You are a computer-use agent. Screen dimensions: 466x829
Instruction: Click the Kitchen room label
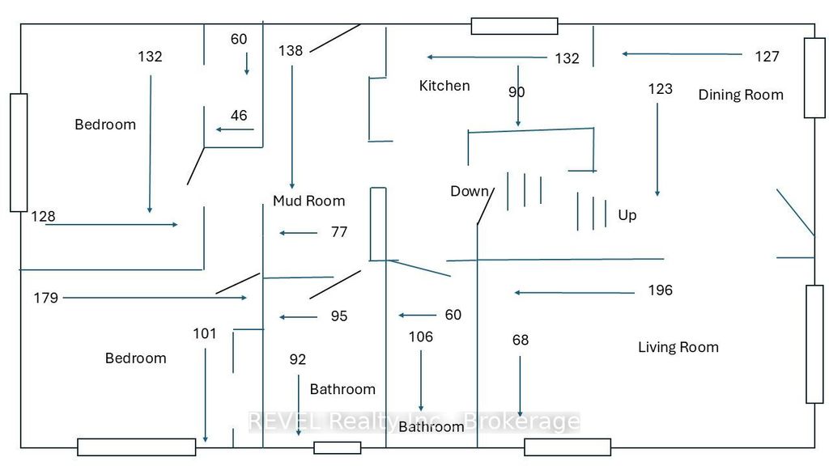click(444, 86)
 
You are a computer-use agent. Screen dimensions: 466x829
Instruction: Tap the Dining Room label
click(741, 95)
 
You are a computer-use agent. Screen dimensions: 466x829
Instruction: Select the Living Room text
click(678, 347)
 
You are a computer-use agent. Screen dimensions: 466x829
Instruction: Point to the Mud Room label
click(308, 201)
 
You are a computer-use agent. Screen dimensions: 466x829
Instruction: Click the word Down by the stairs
click(470, 191)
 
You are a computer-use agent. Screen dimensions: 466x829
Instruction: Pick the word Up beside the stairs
click(627, 215)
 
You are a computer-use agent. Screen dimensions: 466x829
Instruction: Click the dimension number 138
click(290, 51)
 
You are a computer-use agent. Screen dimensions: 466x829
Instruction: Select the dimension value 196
click(661, 290)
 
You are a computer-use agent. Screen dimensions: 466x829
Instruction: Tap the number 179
click(46, 298)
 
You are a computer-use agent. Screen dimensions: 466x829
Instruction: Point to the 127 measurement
click(767, 56)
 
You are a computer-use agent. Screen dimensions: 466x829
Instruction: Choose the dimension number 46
click(239, 116)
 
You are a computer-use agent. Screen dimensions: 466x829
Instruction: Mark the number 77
click(338, 232)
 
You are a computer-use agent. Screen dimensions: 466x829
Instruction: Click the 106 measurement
click(420, 337)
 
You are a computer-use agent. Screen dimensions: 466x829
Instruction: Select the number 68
click(520, 340)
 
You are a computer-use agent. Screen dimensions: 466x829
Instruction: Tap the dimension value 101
click(205, 333)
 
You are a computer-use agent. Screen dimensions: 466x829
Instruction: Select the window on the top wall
click(514, 26)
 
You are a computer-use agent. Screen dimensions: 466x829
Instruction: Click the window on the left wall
click(19, 152)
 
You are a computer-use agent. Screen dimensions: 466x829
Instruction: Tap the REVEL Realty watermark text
click(413, 422)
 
